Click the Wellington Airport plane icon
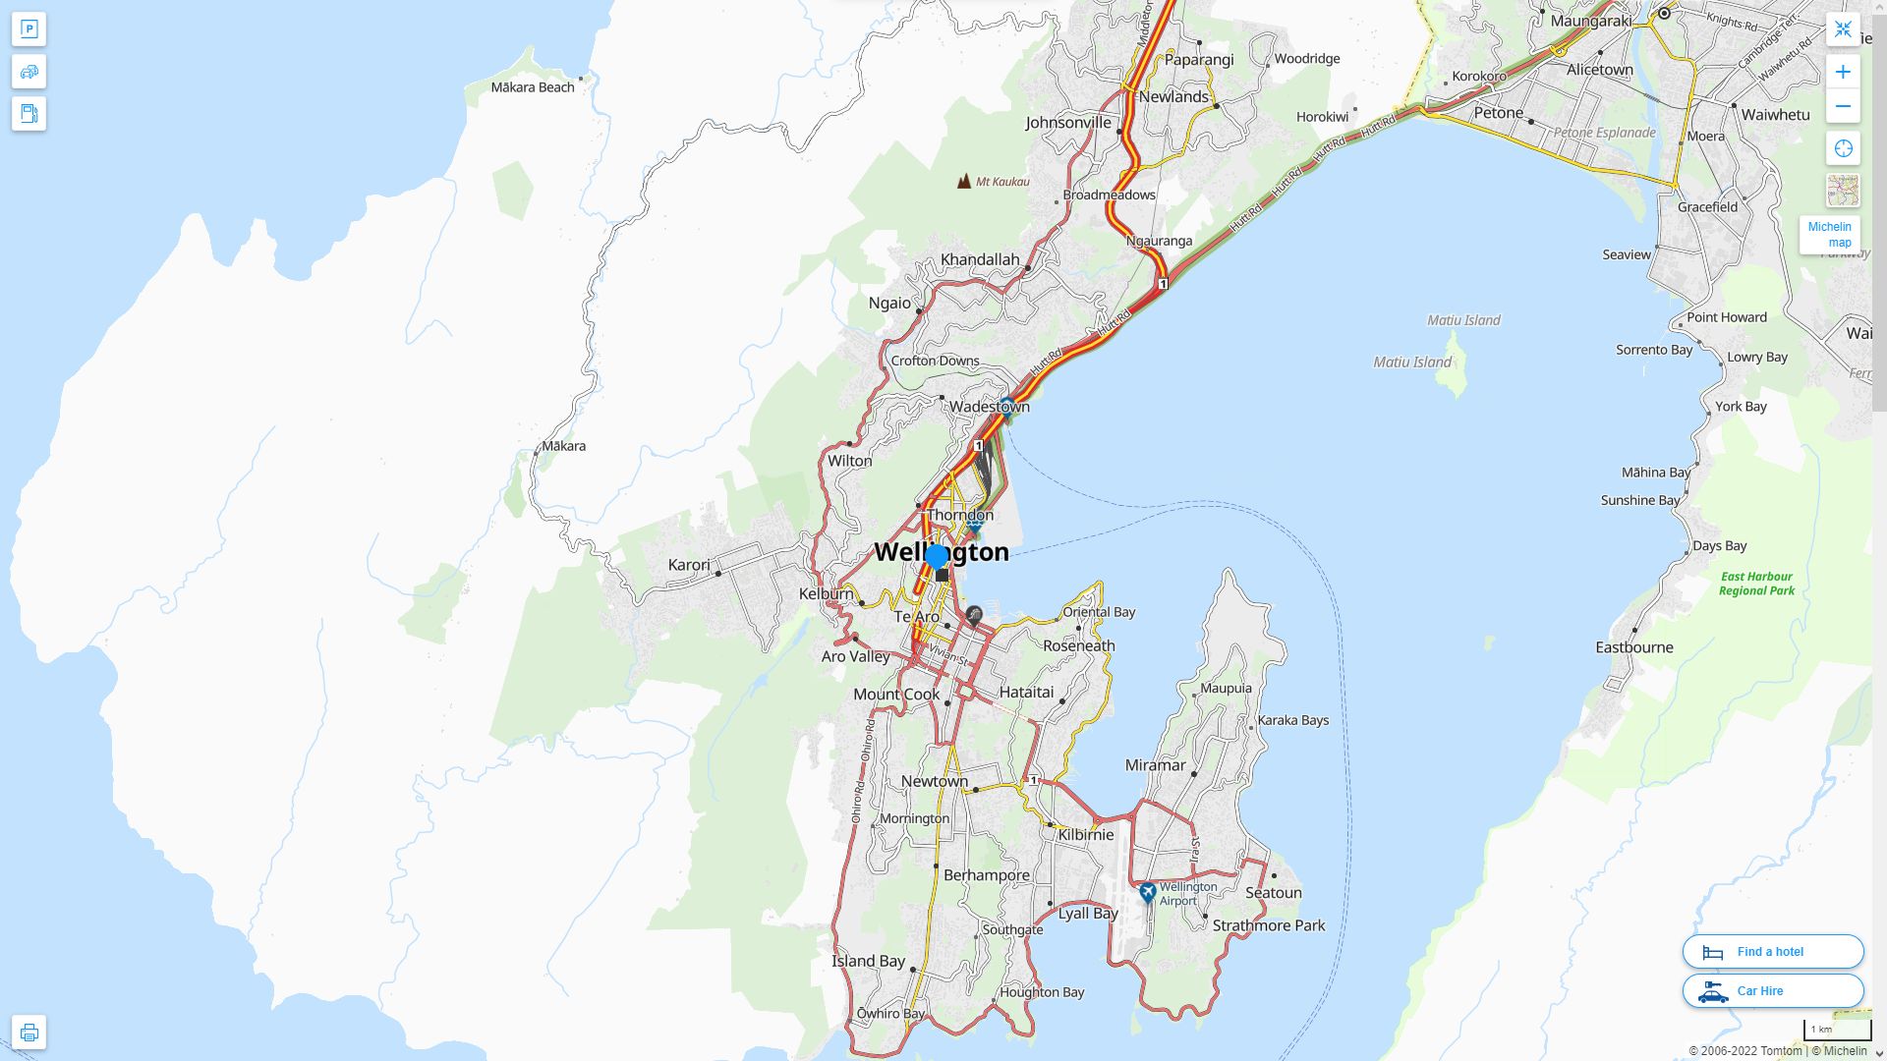point(1147,892)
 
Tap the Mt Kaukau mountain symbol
point(964,181)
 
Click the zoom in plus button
point(1843,72)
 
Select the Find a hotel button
point(1772,951)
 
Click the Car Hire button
point(1772,990)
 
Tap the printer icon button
point(29,1032)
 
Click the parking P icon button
point(29,29)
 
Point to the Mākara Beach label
point(532,87)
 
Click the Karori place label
point(688,565)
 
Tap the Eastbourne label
point(1633,647)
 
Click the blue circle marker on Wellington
point(937,557)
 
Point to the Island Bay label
point(868,961)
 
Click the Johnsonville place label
point(1067,123)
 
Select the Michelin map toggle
point(1829,235)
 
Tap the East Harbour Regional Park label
point(1756,584)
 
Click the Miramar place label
point(1155,765)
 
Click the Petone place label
point(1498,113)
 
